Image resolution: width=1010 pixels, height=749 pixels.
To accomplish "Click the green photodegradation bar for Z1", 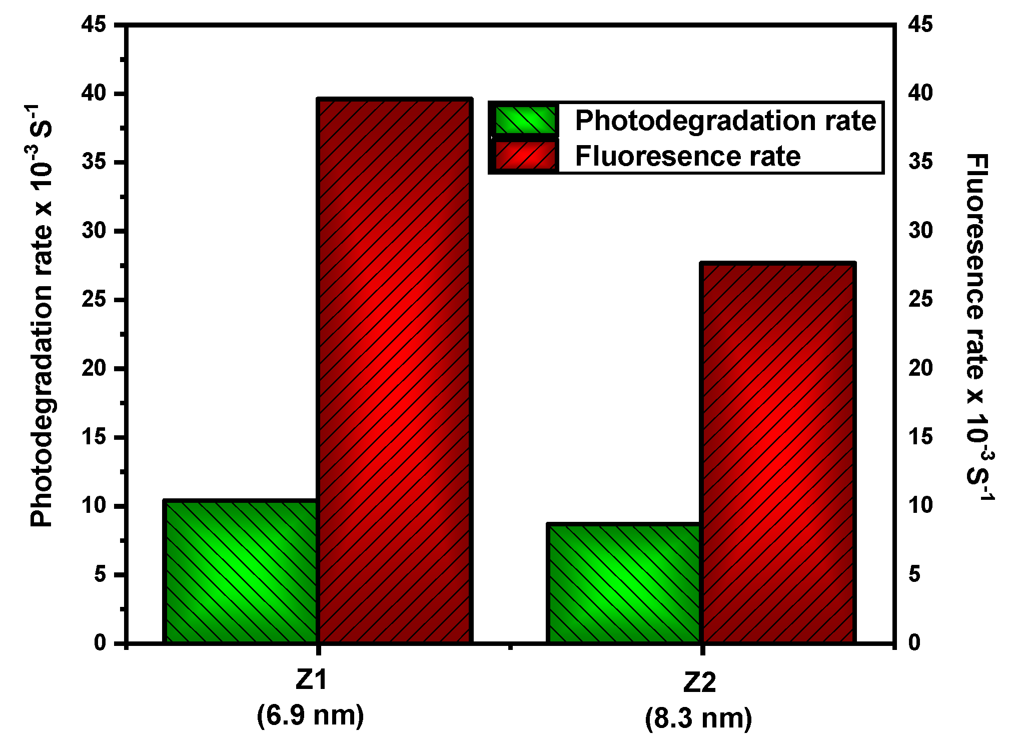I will coord(241,571).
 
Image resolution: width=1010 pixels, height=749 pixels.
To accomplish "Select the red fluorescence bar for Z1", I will coord(395,370).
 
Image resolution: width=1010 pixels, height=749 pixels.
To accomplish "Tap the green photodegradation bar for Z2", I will coord(624,583).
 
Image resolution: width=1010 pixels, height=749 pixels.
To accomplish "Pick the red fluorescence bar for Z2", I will coord(777,452).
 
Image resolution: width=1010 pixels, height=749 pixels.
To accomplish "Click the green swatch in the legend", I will coord(525,120).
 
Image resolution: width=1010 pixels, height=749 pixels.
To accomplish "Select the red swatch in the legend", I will coord(525,156).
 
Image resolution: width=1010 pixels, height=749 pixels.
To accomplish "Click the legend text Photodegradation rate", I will coord(725,121).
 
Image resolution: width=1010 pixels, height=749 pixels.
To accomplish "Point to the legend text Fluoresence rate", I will coord(687,157).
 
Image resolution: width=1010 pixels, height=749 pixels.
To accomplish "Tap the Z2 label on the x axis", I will coord(699,682).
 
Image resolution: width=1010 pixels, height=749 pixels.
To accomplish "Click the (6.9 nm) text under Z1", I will coord(311,715).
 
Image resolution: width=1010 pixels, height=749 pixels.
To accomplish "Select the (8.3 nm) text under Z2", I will coord(698,719).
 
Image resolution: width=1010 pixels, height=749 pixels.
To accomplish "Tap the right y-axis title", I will coord(978,328).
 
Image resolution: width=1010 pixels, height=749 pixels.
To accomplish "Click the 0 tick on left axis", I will coord(100,643).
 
